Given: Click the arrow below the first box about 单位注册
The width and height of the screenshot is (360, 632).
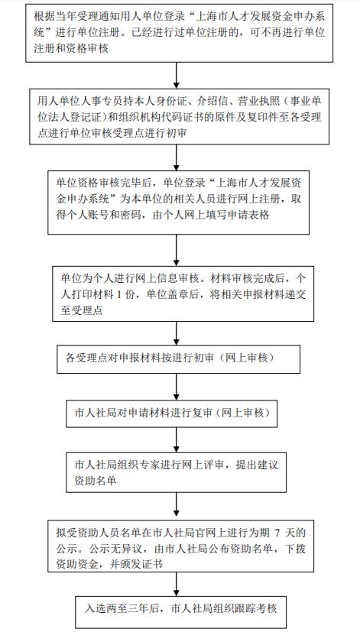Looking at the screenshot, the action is pyautogui.click(x=176, y=76).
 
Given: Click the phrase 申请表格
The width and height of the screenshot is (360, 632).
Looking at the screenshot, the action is pyautogui.click(x=249, y=215).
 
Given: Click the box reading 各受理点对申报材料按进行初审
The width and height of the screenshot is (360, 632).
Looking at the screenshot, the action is pyautogui.click(x=178, y=358).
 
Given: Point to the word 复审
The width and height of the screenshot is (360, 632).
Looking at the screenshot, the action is pyautogui.click(x=202, y=413).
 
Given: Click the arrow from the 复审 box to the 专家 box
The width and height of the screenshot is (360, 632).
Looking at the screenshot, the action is pyautogui.click(x=176, y=439).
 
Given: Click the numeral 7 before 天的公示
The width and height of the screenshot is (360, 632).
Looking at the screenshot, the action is pyautogui.click(x=277, y=533).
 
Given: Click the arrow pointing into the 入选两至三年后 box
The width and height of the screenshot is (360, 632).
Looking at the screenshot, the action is pyautogui.click(x=176, y=585).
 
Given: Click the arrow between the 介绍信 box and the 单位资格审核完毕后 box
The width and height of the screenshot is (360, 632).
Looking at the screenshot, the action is pyautogui.click(x=176, y=157).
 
